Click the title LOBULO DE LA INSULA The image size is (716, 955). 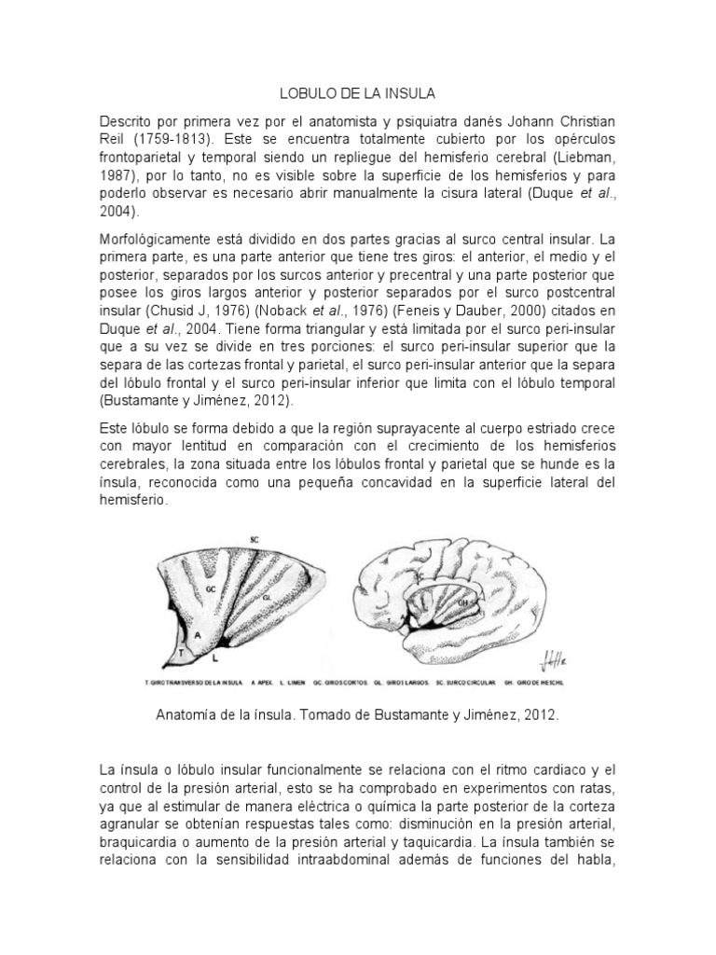pyautogui.click(x=358, y=94)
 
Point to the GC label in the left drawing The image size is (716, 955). pyautogui.click(x=213, y=591)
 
